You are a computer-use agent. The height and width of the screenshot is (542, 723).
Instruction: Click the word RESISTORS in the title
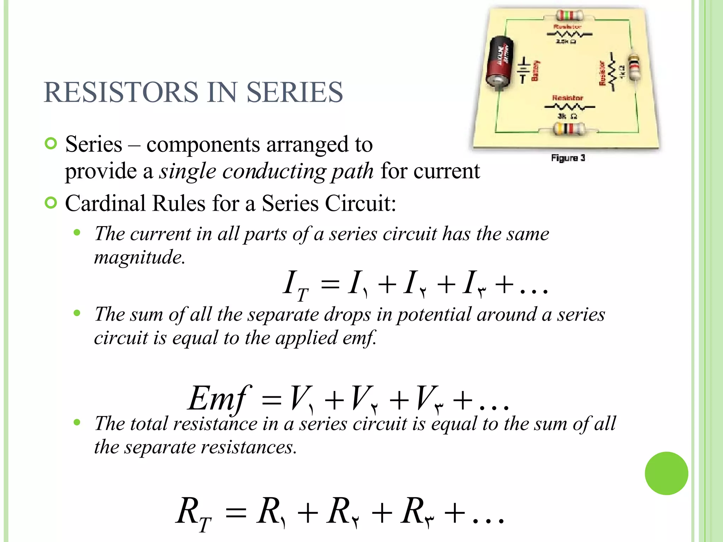(x=121, y=92)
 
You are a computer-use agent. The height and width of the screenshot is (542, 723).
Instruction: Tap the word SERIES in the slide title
(x=294, y=92)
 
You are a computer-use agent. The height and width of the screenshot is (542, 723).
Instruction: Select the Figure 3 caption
(x=568, y=158)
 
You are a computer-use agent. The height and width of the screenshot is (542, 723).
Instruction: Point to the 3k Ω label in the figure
(x=567, y=116)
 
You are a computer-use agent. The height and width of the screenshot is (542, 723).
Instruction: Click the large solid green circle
(x=666, y=473)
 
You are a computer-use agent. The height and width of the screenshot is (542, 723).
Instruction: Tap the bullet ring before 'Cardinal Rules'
(x=51, y=203)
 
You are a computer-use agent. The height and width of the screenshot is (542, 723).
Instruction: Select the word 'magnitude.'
(x=140, y=257)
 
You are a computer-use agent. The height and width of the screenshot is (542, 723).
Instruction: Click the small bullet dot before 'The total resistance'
(x=77, y=422)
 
